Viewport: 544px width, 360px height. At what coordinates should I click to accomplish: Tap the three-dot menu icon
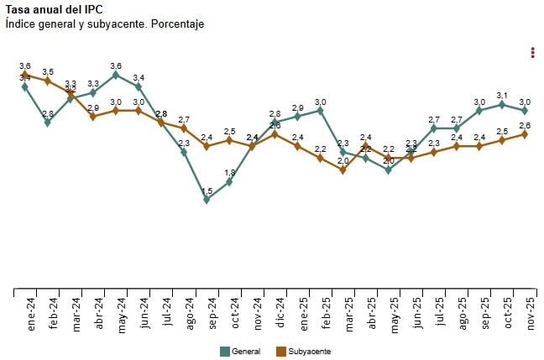[x=533, y=53]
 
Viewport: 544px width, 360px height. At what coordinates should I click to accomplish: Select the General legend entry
[x=240, y=351]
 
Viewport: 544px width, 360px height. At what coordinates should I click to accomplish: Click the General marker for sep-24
[x=207, y=200]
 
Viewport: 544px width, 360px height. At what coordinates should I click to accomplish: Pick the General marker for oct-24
[x=229, y=182]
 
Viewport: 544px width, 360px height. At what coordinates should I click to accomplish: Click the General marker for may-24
[x=116, y=75]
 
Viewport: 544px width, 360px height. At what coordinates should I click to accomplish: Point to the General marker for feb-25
[x=321, y=110]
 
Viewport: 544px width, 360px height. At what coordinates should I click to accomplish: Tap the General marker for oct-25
[x=502, y=104]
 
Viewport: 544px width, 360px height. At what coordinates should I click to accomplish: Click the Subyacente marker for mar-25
[x=343, y=170]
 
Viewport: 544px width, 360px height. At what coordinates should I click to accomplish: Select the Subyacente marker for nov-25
[x=525, y=134]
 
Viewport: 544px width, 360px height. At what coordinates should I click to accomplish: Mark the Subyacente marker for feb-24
[x=48, y=81]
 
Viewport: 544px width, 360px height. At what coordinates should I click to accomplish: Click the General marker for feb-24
[x=48, y=123]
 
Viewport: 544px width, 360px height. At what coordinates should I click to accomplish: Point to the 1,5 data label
[x=207, y=191]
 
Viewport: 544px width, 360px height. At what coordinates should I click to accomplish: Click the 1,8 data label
[x=229, y=173]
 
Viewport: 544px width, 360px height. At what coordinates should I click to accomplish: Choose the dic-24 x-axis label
[x=280, y=315]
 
